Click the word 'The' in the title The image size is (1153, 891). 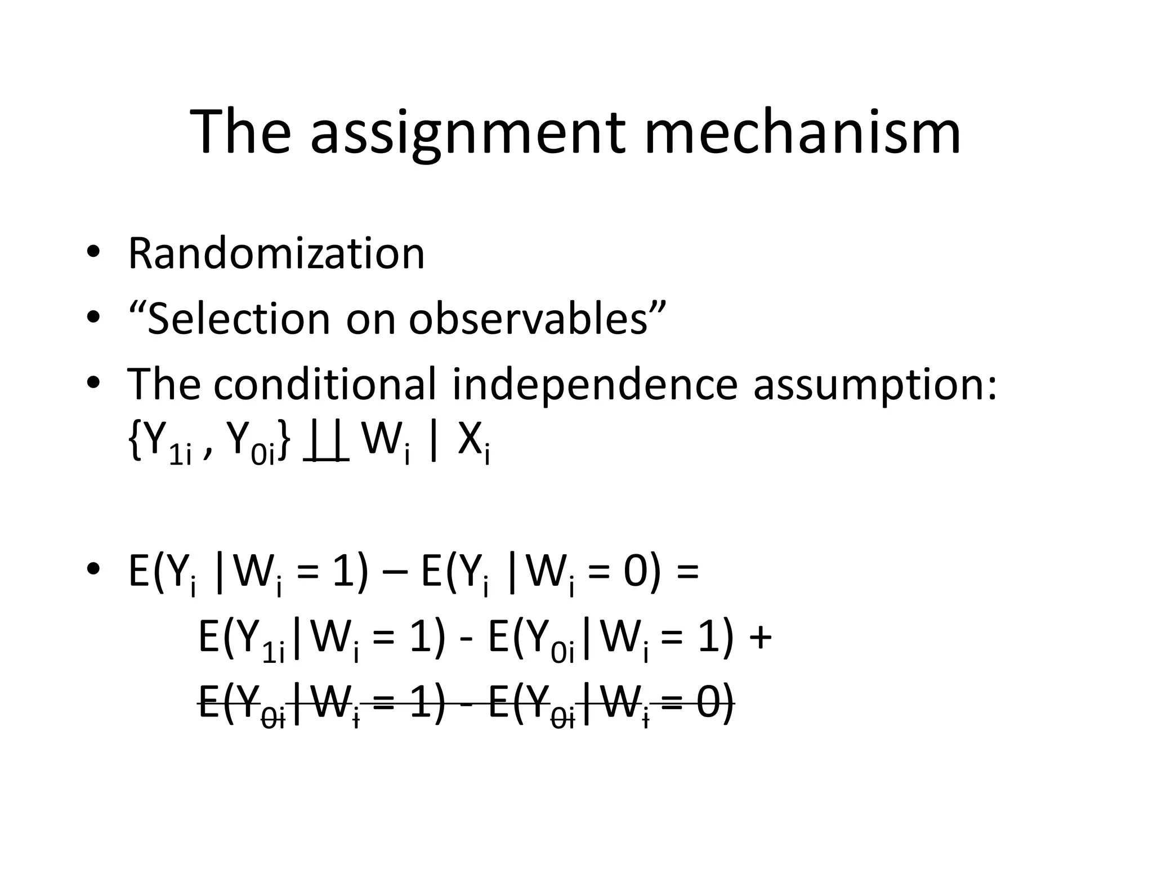click(x=241, y=133)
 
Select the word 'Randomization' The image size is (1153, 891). click(x=276, y=253)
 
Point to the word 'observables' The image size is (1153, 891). click(x=528, y=319)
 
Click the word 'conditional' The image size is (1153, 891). click(x=325, y=384)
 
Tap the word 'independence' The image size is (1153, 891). click(x=595, y=384)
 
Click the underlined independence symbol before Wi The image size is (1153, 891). click(x=326, y=443)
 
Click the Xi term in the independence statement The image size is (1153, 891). click(x=473, y=443)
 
